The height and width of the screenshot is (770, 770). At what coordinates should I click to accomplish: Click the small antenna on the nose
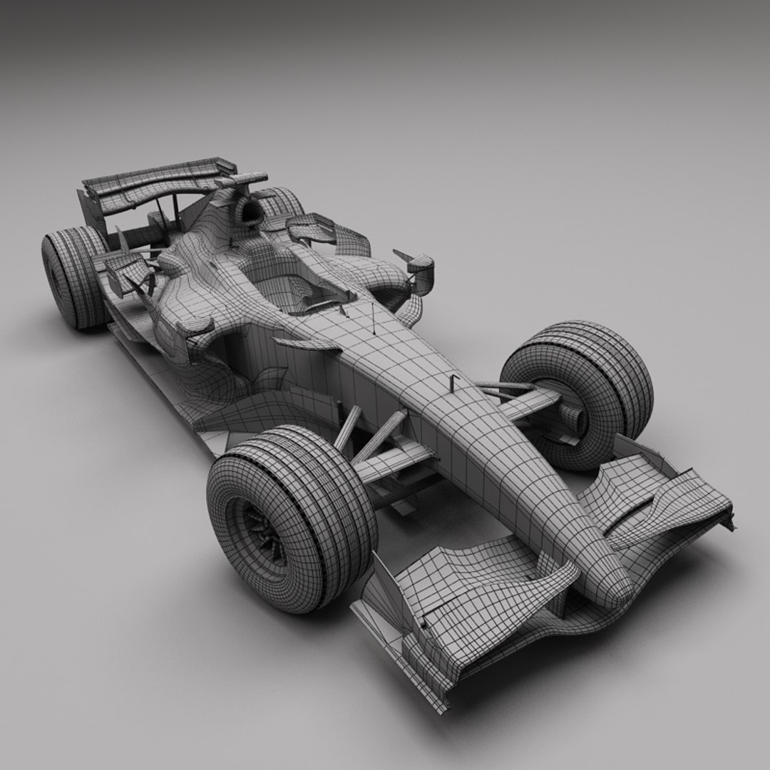coord(452,382)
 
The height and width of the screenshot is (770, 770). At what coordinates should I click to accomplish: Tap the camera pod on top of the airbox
coord(246,180)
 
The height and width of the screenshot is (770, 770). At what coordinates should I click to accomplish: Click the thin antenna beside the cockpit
coord(372,314)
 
